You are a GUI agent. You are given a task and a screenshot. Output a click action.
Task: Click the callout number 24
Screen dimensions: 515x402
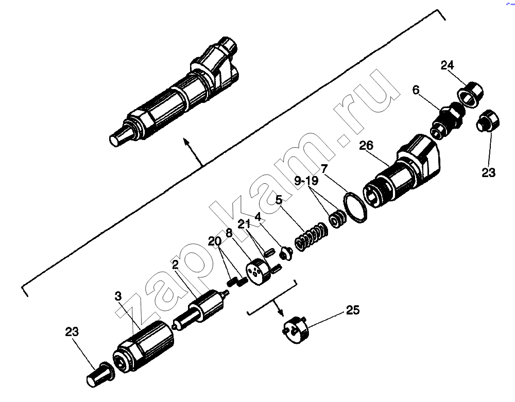pos(447,65)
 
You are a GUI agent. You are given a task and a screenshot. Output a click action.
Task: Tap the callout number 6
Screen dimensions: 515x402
pos(416,90)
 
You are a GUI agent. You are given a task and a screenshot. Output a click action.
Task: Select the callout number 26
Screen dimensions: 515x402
pos(366,145)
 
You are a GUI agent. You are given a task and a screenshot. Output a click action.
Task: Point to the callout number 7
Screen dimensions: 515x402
pos(324,169)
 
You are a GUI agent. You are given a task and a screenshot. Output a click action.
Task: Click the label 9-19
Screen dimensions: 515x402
pos(306,181)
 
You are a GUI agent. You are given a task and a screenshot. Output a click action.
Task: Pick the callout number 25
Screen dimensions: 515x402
pos(353,310)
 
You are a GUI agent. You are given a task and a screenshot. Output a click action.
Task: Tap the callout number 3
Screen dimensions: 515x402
pos(118,296)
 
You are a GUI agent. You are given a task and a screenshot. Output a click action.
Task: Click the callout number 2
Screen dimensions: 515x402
pos(176,265)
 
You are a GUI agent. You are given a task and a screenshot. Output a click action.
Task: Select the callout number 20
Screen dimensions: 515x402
pos(215,242)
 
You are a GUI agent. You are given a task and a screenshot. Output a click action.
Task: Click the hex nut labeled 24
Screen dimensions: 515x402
pos(470,94)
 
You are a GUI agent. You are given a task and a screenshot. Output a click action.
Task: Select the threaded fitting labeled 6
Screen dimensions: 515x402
pos(447,120)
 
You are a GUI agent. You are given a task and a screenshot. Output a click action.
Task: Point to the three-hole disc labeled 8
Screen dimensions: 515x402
pos(258,271)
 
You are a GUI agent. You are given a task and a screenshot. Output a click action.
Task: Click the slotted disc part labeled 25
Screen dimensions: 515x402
pos(296,330)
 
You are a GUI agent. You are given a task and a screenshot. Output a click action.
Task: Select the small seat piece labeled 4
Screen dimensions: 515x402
pos(286,253)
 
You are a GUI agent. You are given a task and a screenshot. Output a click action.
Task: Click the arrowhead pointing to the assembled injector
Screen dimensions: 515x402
pos(186,142)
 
